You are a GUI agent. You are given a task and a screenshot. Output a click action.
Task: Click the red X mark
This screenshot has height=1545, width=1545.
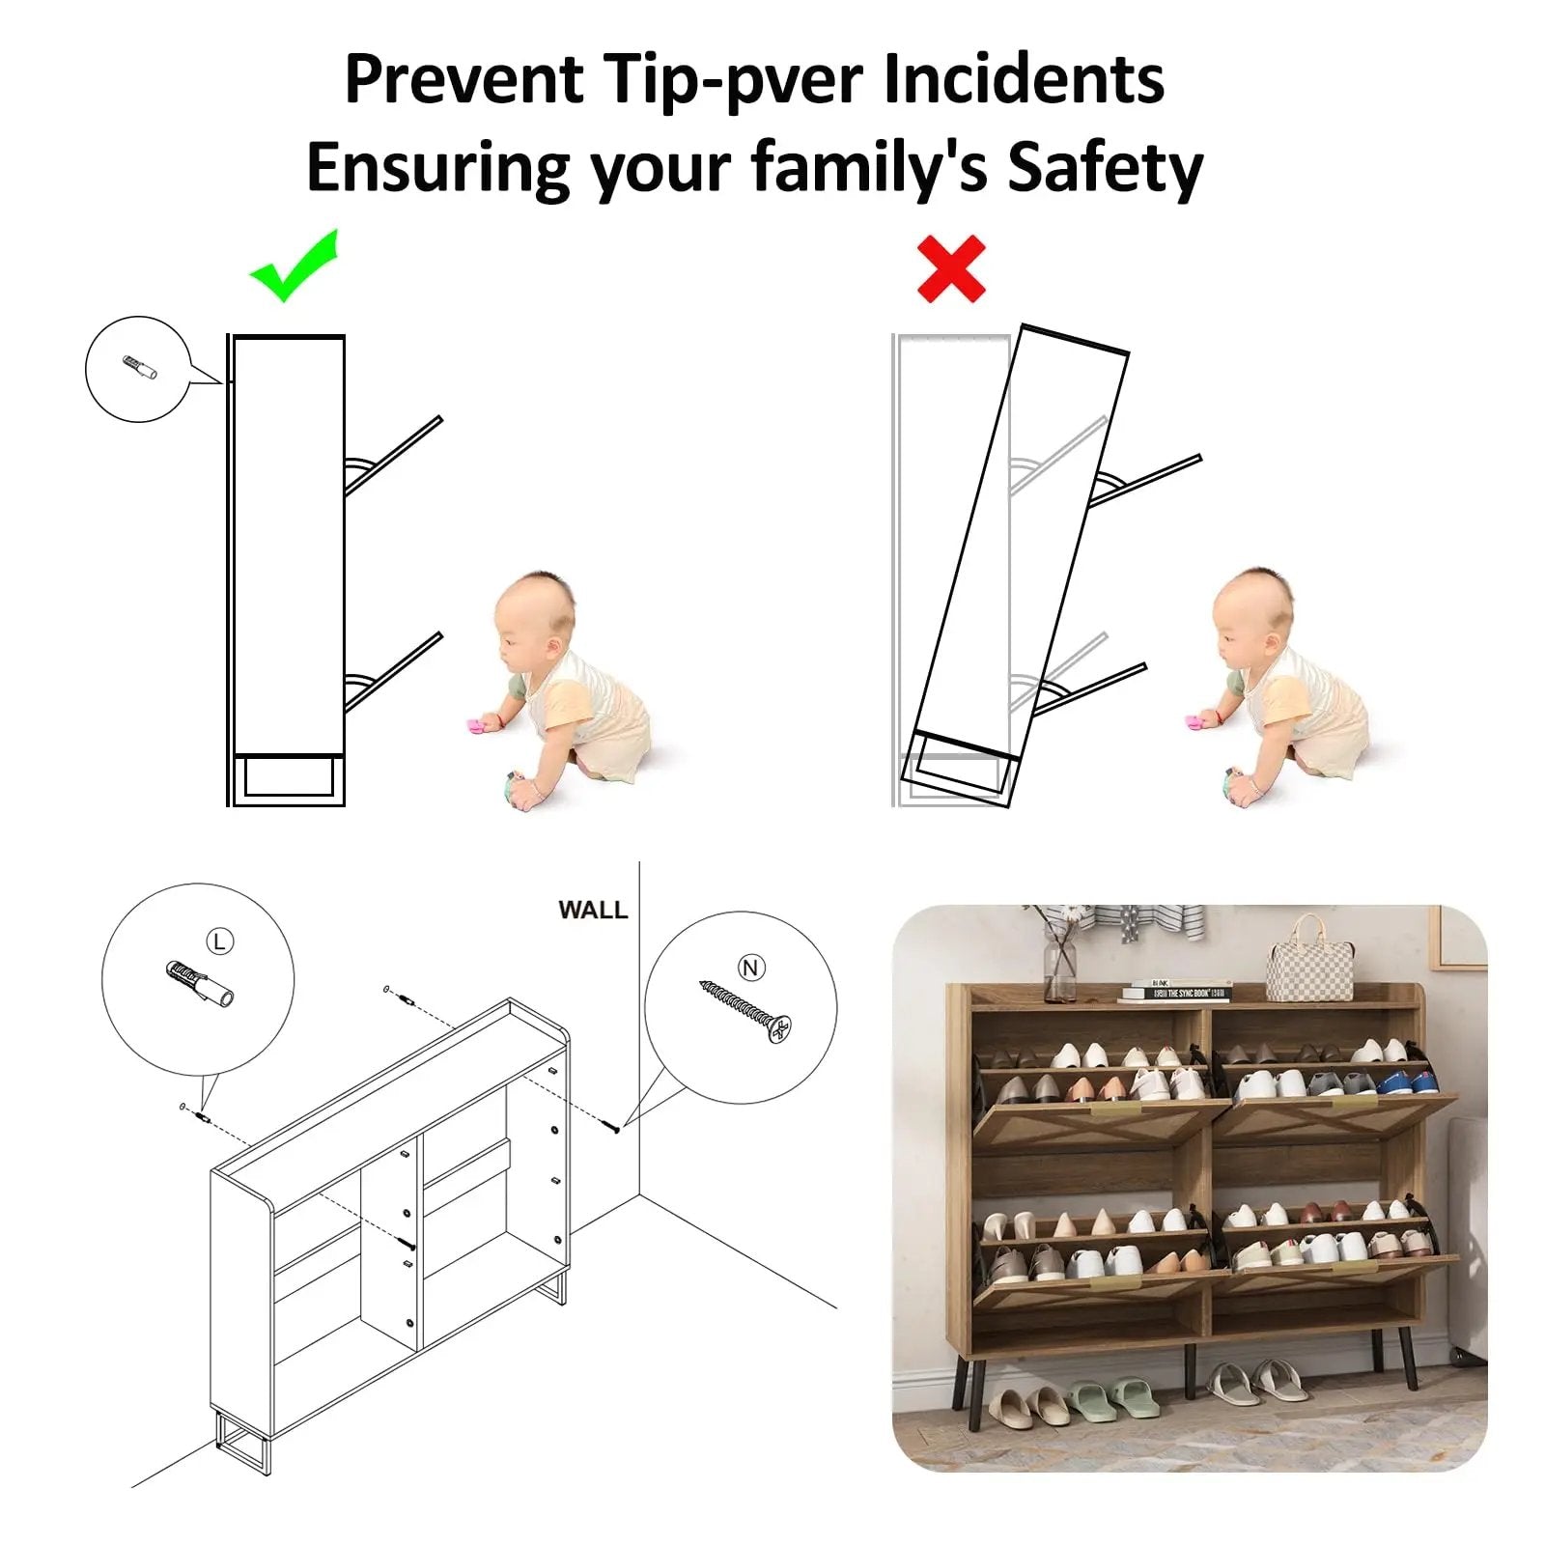pyautogui.click(x=951, y=268)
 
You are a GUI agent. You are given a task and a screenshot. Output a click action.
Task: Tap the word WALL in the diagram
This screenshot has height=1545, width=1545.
pyautogui.click(x=593, y=910)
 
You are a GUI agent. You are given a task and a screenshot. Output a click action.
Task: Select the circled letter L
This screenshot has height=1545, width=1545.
pyautogui.click(x=220, y=941)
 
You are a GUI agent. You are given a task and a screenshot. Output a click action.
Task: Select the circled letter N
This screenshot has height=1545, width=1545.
pyautogui.click(x=751, y=968)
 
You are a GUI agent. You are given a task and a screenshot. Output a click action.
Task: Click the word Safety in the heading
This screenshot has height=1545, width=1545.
pyautogui.click(x=1105, y=168)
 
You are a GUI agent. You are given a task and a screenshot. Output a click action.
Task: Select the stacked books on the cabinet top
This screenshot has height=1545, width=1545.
pyautogui.click(x=1175, y=991)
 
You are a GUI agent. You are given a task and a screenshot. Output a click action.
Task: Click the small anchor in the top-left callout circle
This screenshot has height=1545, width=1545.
pyautogui.click(x=140, y=368)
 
